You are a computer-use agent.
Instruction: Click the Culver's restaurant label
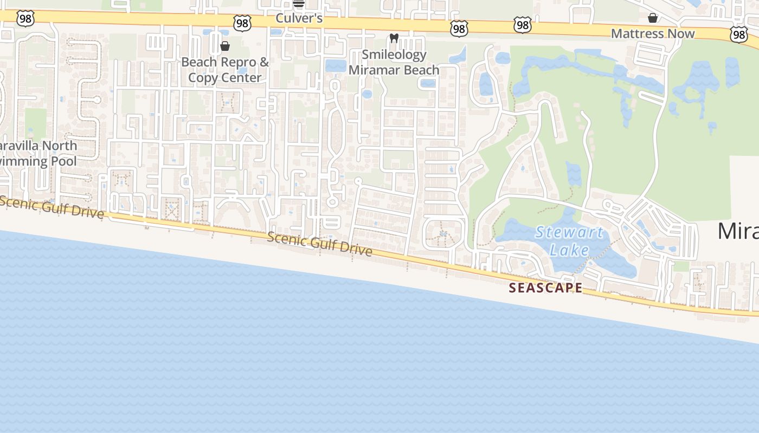(299, 18)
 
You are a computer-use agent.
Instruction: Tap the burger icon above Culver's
(299, 3)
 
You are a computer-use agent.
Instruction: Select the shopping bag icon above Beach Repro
(225, 46)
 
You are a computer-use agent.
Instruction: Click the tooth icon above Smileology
(394, 38)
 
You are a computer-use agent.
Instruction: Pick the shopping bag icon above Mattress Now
(653, 18)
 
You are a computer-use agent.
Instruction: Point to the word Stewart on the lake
(569, 233)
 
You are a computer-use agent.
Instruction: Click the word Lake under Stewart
(569, 250)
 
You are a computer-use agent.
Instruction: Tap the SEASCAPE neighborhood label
(545, 288)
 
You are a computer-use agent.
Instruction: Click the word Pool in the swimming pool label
(64, 161)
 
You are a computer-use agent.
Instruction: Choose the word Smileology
(394, 55)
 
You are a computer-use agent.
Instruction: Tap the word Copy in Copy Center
(202, 77)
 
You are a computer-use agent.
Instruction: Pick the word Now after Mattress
(681, 34)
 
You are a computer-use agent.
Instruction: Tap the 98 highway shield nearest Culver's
(242, 23)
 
